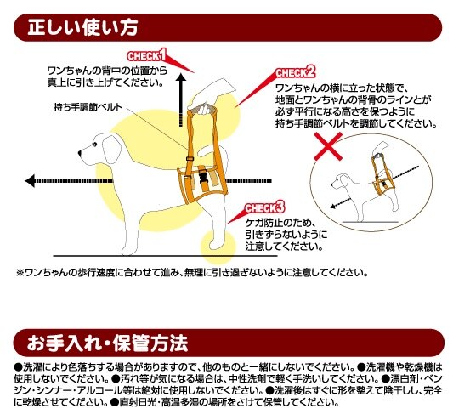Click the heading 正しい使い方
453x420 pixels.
(82, 27)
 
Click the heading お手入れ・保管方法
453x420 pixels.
(107, 343)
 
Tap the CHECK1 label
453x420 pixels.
(147, 55)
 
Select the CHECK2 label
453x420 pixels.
(295, 72)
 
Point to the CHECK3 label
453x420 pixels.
(264, 207)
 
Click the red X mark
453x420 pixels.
(328, 146)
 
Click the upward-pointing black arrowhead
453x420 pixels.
(181, 77)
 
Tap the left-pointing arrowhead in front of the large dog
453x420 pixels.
(30, 181)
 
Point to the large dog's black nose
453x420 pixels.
(79, 153)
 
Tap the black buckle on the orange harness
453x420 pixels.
(203, 176)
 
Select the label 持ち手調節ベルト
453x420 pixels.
(88, 107)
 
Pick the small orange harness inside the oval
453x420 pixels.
(382, 178)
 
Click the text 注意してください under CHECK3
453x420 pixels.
(284, 247)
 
